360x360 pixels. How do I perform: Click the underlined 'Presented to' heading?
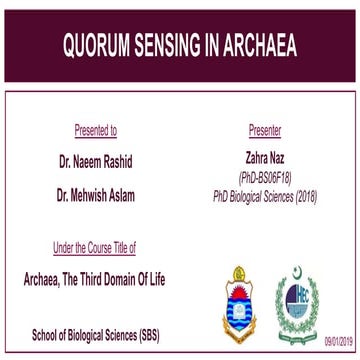tap(95, 130)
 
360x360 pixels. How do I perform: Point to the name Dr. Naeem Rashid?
tap(96, 158)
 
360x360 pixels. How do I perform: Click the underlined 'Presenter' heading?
tap(263, 130)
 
